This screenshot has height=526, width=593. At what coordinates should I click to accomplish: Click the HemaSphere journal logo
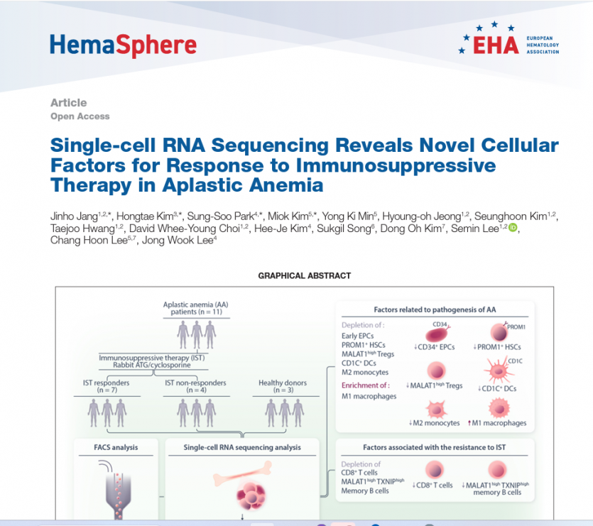coord(124,45)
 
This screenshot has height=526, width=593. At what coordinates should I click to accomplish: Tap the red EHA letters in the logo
coord(496,45)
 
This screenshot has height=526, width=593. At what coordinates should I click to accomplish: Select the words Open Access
coord(80,116)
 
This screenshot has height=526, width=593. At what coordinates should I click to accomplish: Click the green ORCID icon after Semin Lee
coord(513,227)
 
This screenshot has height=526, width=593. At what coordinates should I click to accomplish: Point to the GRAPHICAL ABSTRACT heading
coord(305,275)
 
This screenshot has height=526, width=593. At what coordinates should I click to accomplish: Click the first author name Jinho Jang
coord(74,217)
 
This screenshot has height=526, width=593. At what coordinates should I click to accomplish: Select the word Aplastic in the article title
coord(201,185)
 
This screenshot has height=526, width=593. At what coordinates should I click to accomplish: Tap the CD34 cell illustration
coord(437,334)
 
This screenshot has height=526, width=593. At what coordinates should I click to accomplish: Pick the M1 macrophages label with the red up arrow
coord(497,423)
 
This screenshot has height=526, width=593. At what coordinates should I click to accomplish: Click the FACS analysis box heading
coord(116,447)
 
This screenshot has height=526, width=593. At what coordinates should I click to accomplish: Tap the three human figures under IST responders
coord(107,412)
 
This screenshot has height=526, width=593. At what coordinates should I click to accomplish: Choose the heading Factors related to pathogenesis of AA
coord(435,309)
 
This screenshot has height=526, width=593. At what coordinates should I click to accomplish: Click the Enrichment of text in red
coord(365,385)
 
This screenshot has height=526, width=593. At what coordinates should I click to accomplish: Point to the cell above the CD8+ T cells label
coord(435,470)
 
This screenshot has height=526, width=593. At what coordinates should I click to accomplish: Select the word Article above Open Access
coord(69,103)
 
